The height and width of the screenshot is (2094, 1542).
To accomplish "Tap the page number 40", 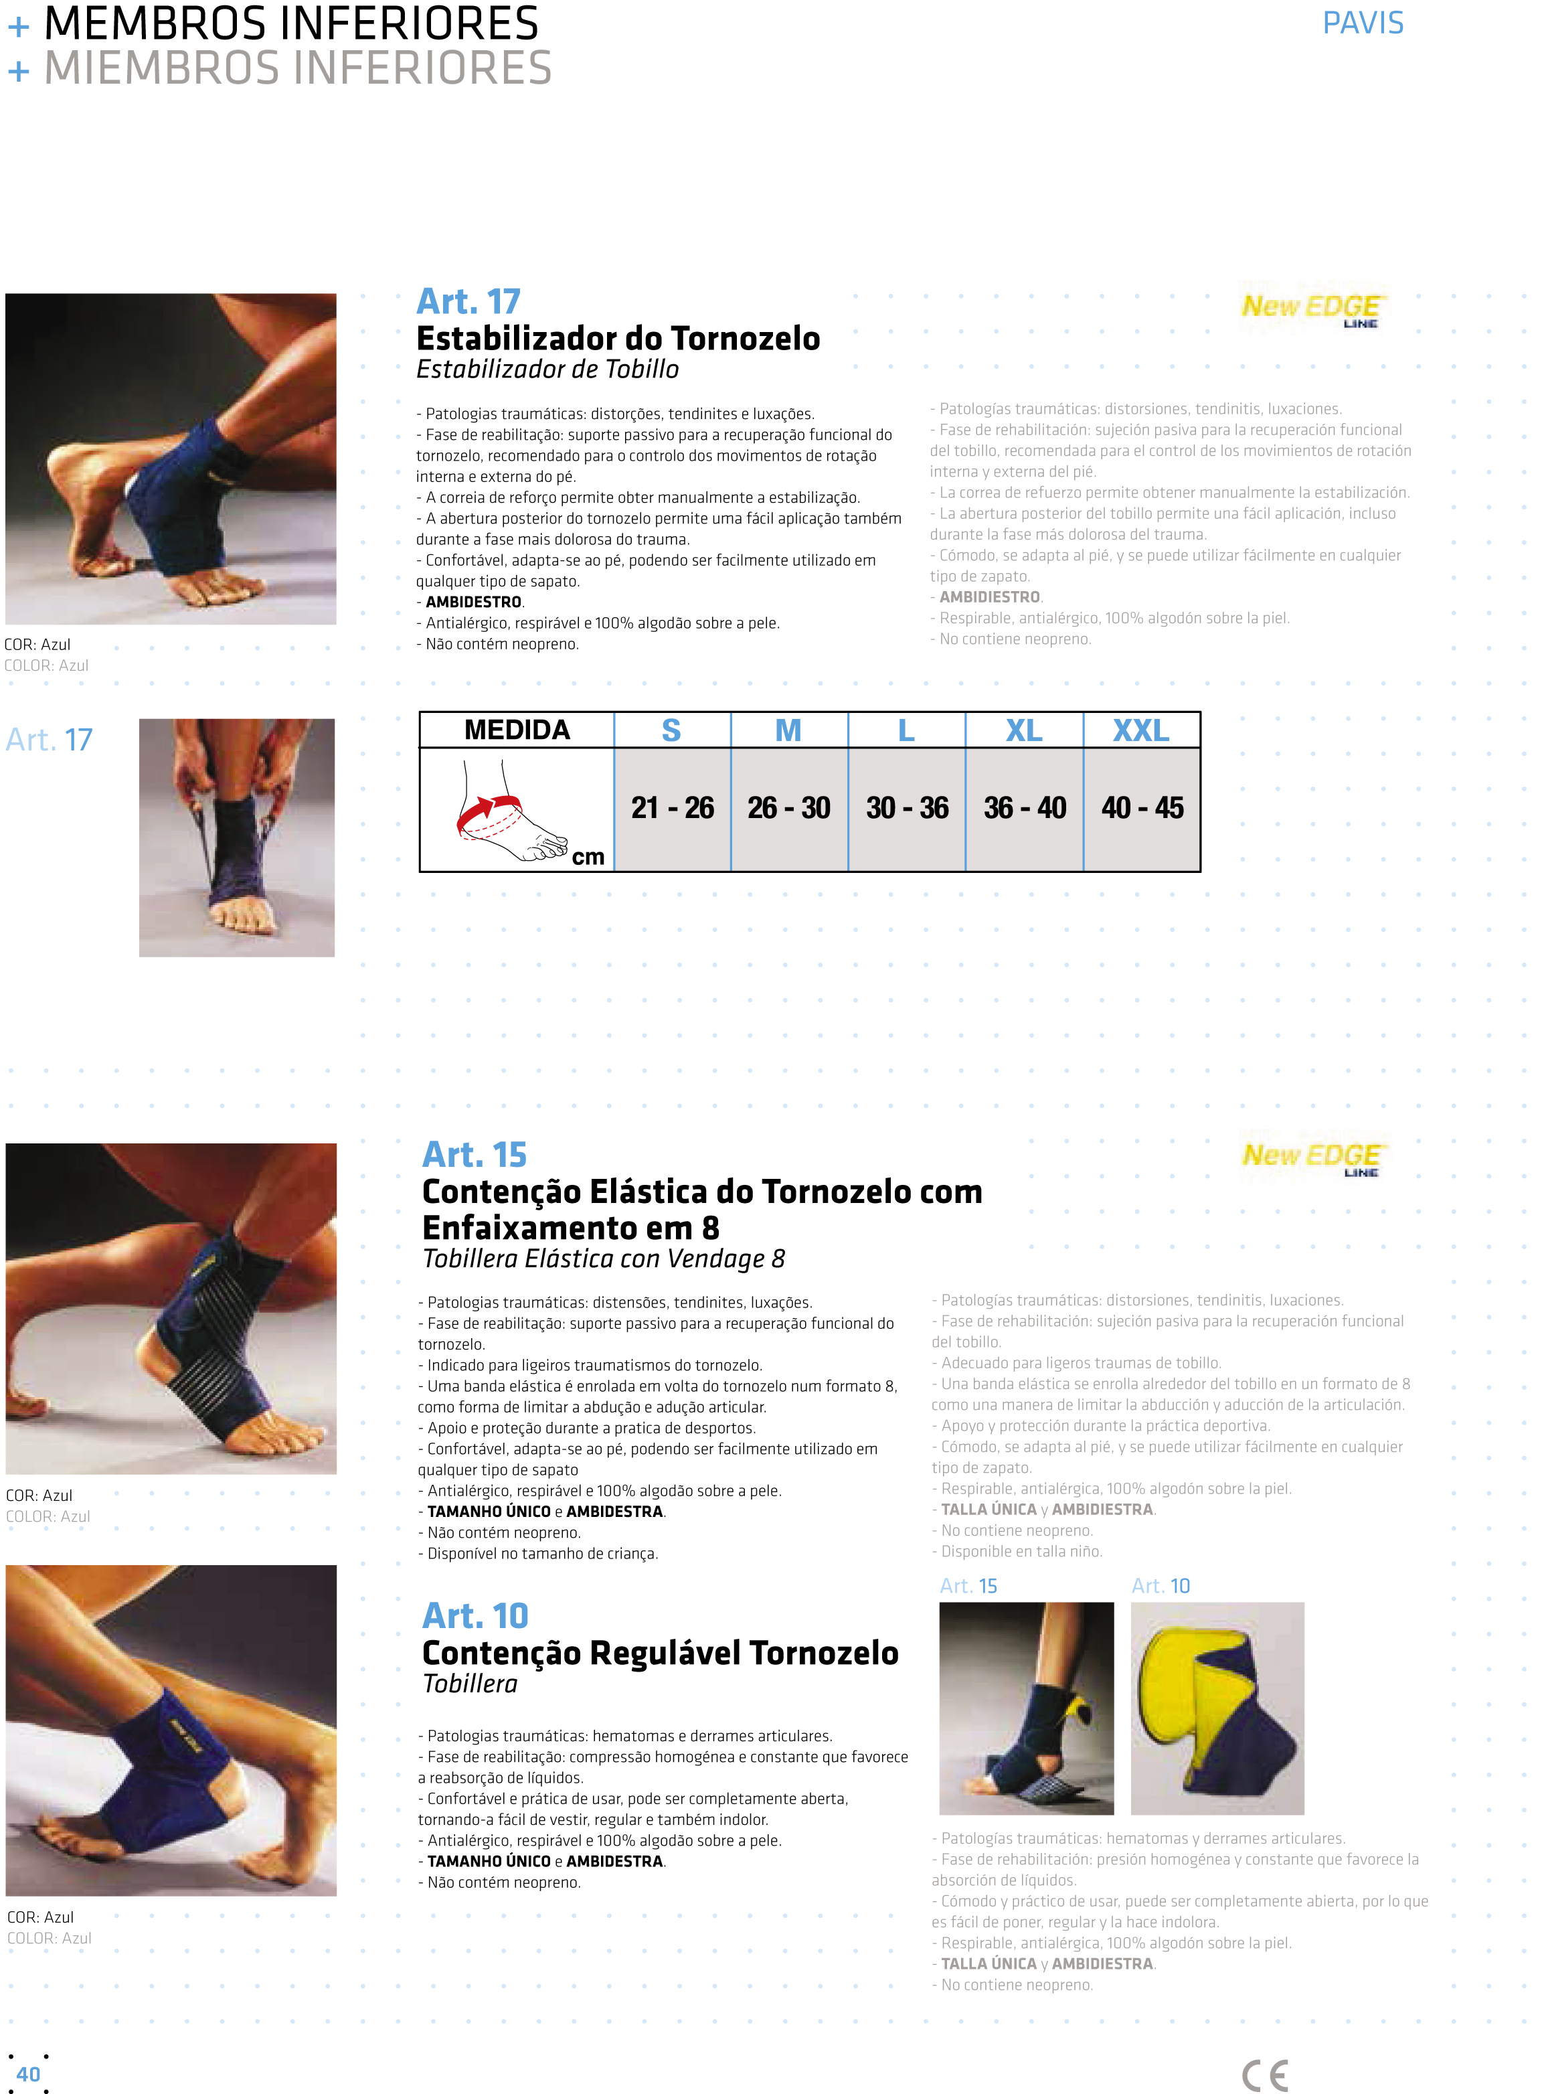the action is point(28,2073).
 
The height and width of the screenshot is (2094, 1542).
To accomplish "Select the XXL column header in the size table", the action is point(1140,730).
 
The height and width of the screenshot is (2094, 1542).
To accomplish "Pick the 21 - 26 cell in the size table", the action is point(672,807).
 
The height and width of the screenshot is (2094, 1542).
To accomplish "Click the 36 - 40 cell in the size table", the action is point(1025,807).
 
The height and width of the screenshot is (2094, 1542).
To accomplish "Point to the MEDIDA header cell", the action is point(517,730).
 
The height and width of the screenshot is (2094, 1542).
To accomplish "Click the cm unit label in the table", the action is point(588,857).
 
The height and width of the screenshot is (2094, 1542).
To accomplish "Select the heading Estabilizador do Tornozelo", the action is point(618,338).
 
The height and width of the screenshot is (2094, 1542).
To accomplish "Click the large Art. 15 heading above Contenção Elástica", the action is point(474,1155).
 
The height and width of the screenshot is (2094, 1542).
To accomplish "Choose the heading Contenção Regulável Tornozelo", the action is point(660,1652).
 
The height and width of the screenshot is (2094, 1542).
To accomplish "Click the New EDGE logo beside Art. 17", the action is point(1312,308).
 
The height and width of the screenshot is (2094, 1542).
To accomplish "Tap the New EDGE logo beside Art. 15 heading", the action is point(1312,1157).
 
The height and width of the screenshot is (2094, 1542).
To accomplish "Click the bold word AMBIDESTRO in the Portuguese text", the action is point(474,602).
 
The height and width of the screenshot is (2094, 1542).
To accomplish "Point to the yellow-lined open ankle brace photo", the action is point(1217,1708).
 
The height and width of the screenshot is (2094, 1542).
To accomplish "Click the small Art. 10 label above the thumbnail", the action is point(1161,1585).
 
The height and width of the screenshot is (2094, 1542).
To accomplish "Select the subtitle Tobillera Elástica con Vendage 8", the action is point(604,1259).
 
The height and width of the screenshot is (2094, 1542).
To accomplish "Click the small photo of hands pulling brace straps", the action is point(237,837).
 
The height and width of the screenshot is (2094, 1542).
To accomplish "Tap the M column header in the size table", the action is point(788,730).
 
